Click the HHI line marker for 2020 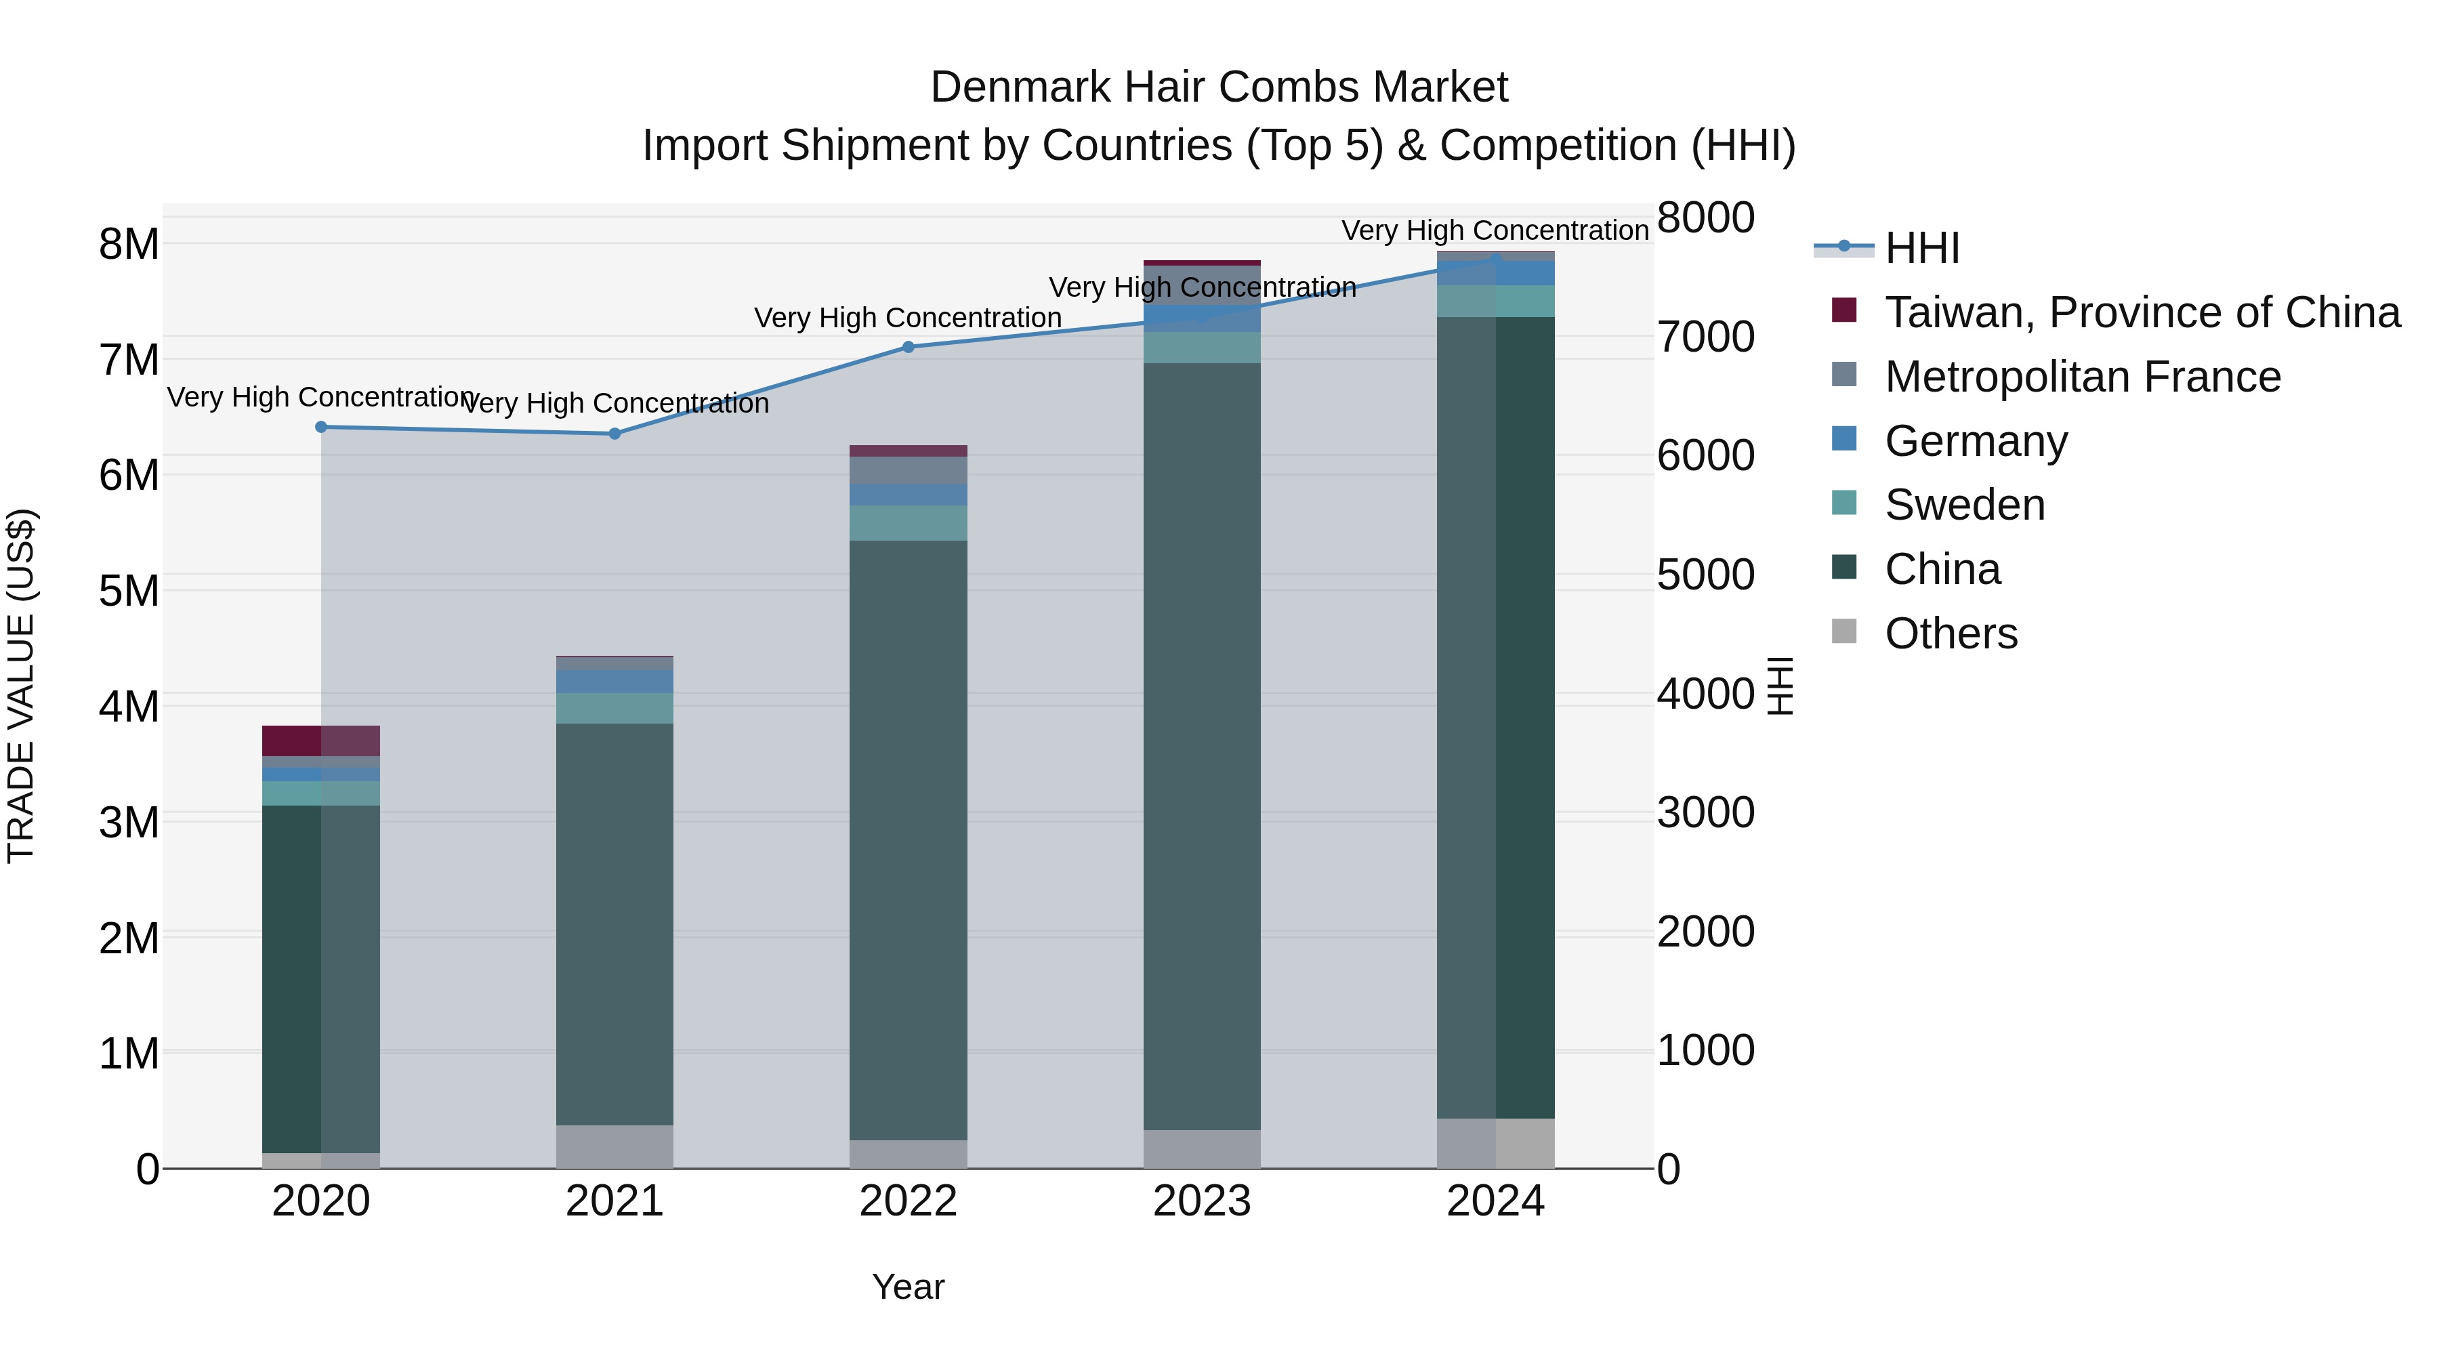coord(321,427)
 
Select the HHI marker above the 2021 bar coord(614,434)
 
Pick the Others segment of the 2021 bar coord(614,1146)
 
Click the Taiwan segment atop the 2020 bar coord(321,741)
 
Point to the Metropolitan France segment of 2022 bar coord(908,471)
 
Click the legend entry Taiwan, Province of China coord(2142,312)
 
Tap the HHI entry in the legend coord(1921,248)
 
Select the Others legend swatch coord(1844,631)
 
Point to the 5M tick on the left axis coord(129,591)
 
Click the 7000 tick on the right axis coord(1705,337)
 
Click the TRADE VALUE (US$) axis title coord(21,686)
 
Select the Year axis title coord(908,1287)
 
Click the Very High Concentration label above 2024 coord(1495,230)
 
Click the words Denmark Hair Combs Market coord(1219,87)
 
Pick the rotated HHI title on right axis coord(1780,686)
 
